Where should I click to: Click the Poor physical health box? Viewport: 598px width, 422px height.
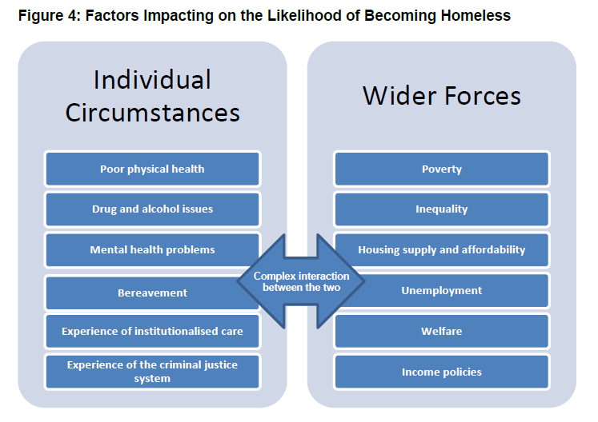coord(152,169)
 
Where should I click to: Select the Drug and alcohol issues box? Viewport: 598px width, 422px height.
coord(152,209)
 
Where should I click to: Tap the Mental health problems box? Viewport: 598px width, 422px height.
coord(152,250)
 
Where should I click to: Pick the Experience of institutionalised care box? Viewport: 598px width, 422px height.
coord(152,331)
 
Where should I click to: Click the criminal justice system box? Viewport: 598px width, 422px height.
coord(152,372)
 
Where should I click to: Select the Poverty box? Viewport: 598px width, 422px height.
coord(442,169)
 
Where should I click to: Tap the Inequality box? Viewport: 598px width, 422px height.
coord(442,209)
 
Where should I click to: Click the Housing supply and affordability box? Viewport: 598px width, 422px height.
coord(442,250)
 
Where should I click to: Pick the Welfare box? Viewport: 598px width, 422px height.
coord(442,331)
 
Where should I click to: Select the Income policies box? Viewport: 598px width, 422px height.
coord(442,372)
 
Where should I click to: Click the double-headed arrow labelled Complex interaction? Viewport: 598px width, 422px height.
coord(301,281)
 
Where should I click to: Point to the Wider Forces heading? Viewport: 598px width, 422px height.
coord(442,96)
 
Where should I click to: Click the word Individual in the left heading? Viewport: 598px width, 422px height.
coord(152,80)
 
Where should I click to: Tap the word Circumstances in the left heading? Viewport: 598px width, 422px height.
coord(153,113)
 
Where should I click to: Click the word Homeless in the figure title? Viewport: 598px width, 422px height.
coord(476,16)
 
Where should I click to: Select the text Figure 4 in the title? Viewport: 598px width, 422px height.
coord(50,16)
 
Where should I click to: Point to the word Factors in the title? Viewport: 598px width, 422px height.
coord(112,16)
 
